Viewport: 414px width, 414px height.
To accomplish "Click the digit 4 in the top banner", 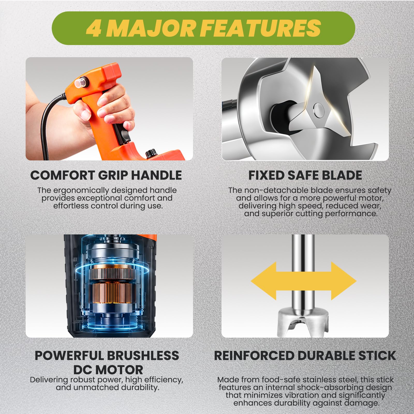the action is click(x=93, y=28).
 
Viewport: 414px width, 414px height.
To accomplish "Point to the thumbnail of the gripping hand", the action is click(x=109, y=109).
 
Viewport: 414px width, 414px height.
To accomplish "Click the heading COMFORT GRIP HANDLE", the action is click(x=106, y=175).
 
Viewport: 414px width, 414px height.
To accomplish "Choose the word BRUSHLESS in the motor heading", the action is click(x=143, y=356).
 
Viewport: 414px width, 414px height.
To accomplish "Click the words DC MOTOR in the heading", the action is click(x=108, y=370).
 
